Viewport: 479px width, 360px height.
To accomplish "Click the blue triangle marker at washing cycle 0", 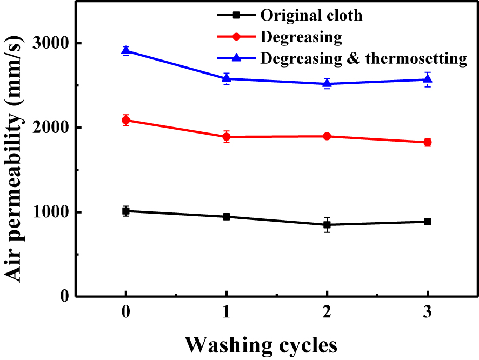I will [126, 51].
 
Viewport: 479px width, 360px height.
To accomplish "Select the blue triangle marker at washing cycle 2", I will [327, 83].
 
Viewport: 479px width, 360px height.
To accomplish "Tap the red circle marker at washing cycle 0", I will [126, 120].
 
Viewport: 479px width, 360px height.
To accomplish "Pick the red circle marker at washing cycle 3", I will [428, 142].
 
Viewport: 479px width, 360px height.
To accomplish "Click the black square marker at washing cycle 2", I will [327, 224].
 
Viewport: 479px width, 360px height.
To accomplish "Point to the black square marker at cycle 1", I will [227, 216].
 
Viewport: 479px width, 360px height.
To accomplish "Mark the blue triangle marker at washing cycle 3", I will [428, 79].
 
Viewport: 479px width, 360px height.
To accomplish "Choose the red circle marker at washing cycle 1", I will [227, 137].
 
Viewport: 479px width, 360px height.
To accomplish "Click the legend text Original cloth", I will [311, 15].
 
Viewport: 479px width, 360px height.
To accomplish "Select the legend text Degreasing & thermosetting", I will [363, 58].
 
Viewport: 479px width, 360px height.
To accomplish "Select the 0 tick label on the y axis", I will [64, 296].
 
